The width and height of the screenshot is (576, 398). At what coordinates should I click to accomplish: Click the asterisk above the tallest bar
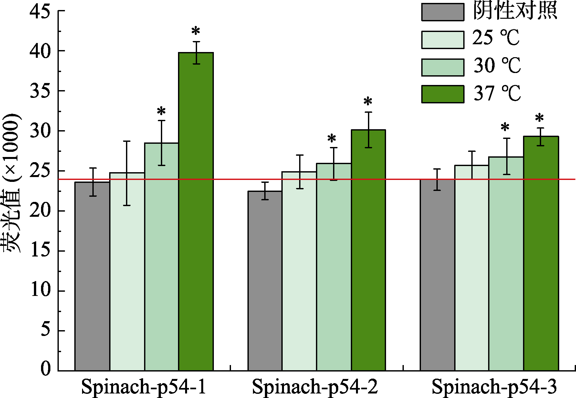[x=196, y=32]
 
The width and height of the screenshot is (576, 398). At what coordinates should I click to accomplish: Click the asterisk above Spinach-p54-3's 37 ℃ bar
[x=539, y=118]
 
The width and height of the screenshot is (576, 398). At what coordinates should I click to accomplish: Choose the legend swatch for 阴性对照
[x=443, y=12]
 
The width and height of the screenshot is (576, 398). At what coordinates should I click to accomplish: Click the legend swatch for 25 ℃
[x=443, y=40]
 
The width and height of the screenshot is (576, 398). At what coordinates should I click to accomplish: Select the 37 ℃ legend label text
[x=497, y=94]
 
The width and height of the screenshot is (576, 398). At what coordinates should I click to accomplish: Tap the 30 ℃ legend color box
[x=443, y=67]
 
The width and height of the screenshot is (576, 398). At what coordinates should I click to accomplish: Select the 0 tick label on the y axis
[x=46, y=368]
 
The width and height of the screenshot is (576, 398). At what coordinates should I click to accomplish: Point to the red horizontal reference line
[x=404, y=179]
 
